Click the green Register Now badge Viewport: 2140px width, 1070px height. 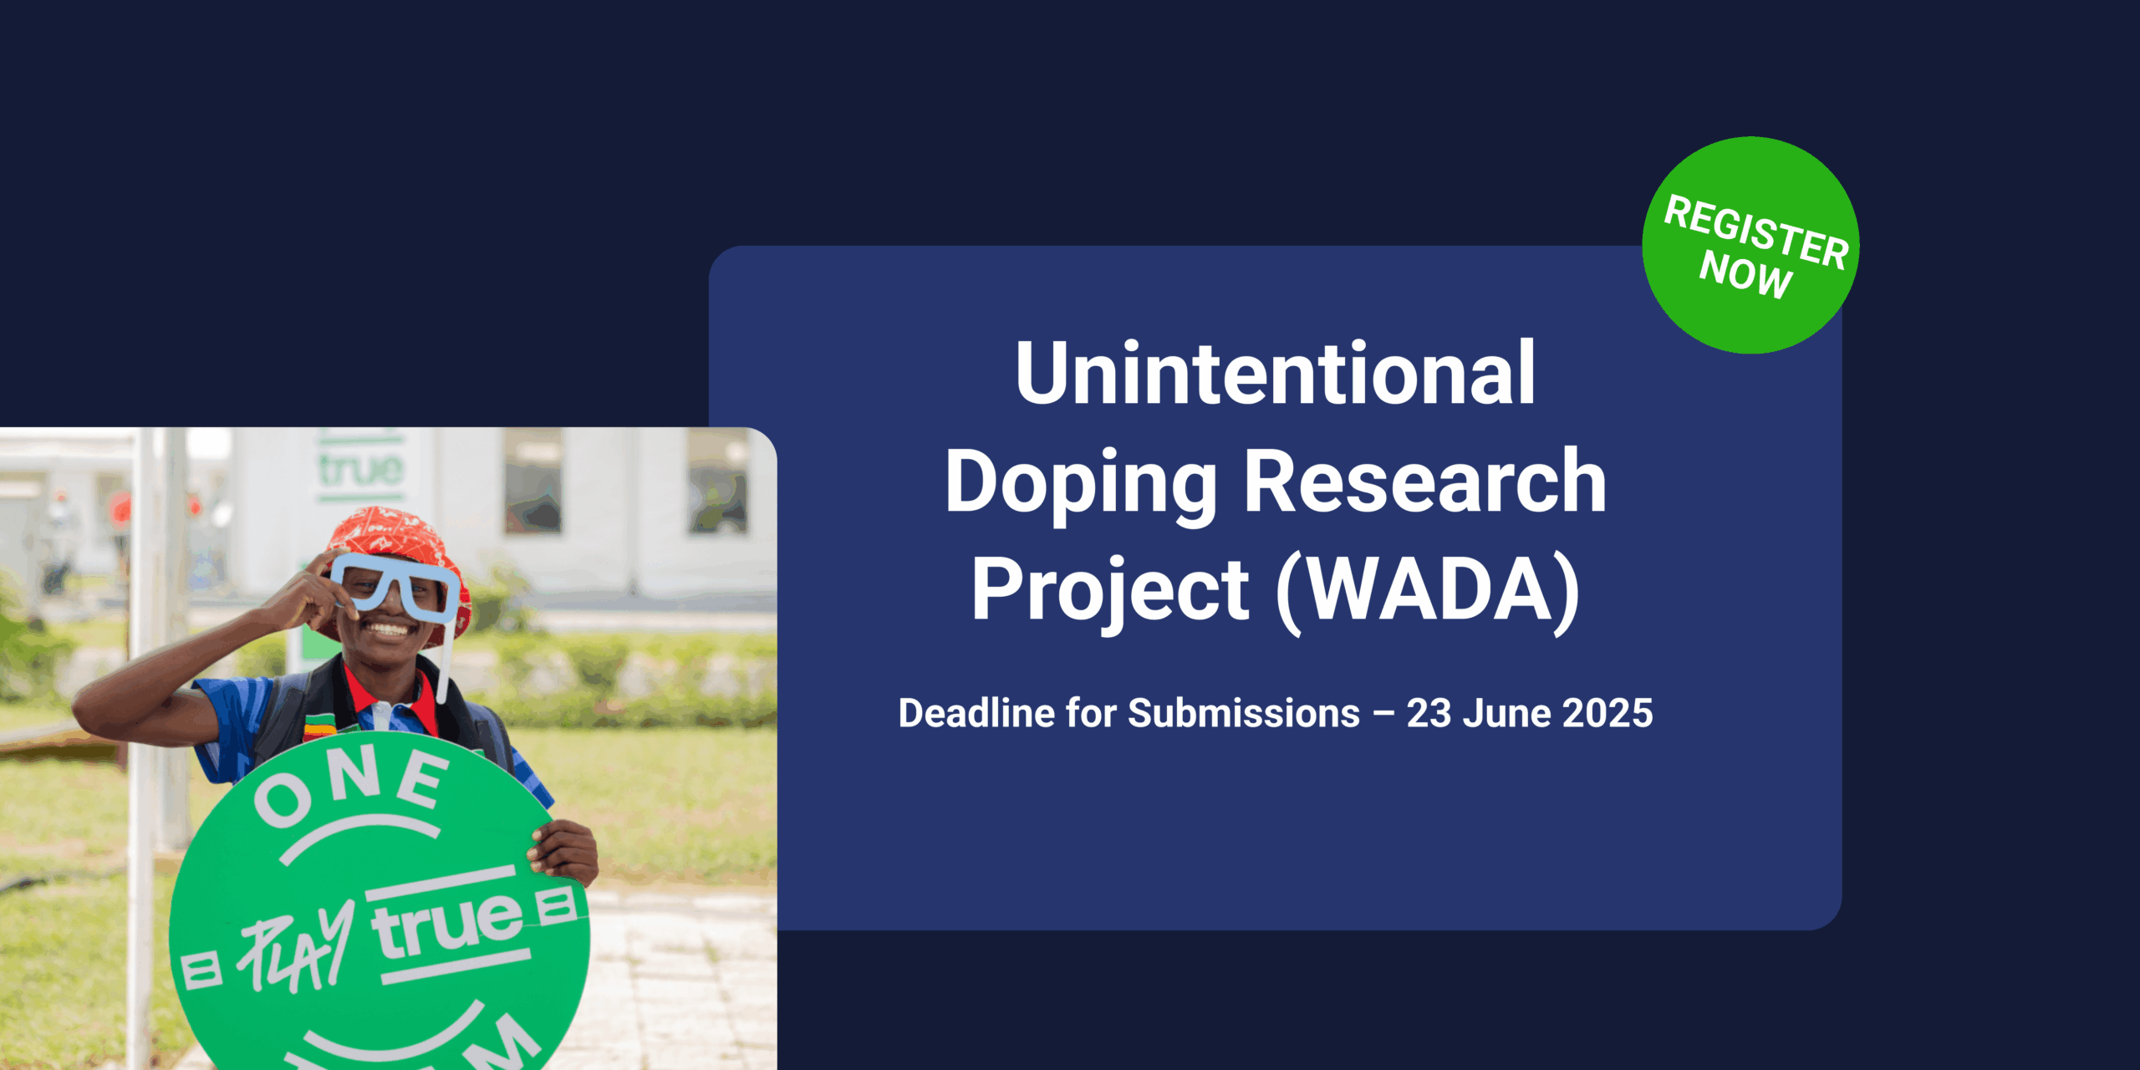[x=1750, y=245]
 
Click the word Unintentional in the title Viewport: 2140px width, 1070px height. [x=1276, y=373]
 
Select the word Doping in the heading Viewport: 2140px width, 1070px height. [x=1081, y=485]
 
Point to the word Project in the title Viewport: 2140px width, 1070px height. [x=1110, y=593]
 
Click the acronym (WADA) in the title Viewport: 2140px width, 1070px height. [x=1429, y=591]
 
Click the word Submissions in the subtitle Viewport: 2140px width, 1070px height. [x=1244, y=713]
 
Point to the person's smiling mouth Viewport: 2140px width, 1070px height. [x=388, y=627]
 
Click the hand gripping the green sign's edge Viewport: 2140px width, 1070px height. [x=563, y=851]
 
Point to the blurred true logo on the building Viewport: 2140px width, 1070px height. [x=361, y=469]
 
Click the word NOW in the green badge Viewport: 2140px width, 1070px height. [x=1745, y=273]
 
